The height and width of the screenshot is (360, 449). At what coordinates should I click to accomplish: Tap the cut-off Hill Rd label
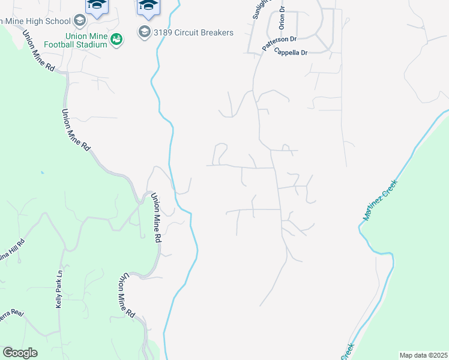(13, 249)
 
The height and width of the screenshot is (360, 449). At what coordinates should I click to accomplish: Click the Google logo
(20, 353)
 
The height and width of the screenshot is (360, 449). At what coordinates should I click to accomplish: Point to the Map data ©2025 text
(424, 355)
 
